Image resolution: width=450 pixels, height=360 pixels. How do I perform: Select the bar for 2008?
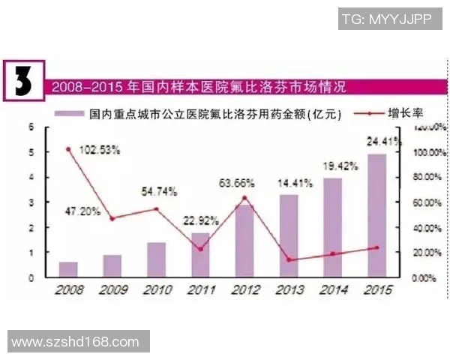[68, 269]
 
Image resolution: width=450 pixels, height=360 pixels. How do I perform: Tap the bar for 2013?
[289, 235]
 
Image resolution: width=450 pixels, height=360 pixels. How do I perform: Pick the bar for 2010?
[156, 259]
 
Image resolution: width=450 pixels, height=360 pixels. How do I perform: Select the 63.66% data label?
[236, 182]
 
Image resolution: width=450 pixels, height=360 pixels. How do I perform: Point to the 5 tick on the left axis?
[31, 152]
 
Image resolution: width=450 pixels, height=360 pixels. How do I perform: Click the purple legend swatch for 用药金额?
[70, 115]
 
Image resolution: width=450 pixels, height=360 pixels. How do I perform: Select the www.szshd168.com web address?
[76, 341]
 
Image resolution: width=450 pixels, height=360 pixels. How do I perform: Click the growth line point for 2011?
[200, 248]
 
